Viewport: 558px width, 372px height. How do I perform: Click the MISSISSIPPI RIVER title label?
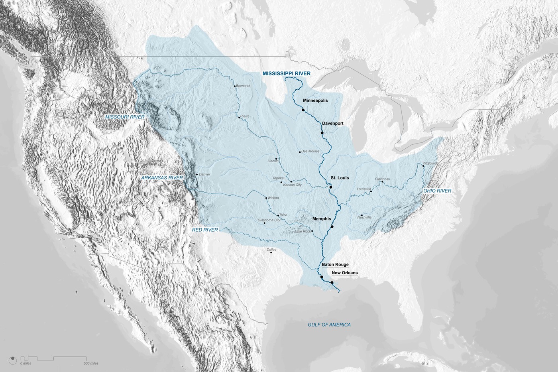click(286, 73)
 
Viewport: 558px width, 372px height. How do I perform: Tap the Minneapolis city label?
click(315, 100)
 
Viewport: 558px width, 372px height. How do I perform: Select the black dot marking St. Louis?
click(331, 186)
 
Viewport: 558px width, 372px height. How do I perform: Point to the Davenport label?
click(333, 124)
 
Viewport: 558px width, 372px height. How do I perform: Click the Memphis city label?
click(322, 218)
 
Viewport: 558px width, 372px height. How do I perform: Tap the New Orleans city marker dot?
click(332, 282)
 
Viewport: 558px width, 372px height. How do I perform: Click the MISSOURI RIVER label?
click(125, 117)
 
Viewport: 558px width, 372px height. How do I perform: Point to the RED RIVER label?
click(205, 230)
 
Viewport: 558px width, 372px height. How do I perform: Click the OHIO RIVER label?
click(437, 191)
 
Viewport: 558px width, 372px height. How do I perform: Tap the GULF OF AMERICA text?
click(329, 325)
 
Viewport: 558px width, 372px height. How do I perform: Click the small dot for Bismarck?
click(235, 85)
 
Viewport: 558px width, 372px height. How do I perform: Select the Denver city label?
click(204, 175)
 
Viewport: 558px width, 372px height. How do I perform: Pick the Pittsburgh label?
click(430, 163)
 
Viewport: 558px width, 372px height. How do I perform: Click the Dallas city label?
click(271, 250)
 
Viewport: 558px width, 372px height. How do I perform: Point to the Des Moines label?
click(310, 152)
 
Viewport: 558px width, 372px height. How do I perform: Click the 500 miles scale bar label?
click(91, 364)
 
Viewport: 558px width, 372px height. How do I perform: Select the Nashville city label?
click(364, 217)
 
